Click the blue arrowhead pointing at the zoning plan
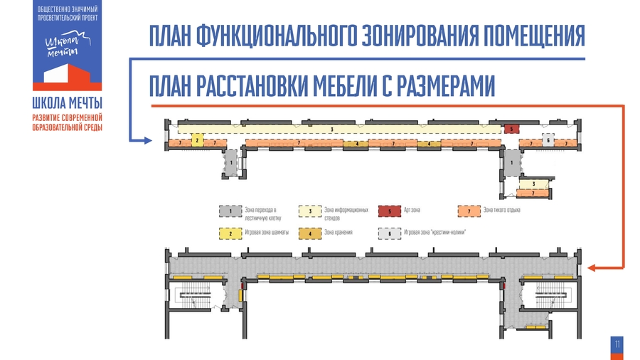click(x=148, y=140)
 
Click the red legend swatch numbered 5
click(x=390, y=211)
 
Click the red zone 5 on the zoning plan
click(x=511, y=129)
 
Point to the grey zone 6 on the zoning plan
click(x=548, y=139)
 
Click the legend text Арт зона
click(x=413, y=209)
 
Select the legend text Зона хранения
click(x=338, y=233)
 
